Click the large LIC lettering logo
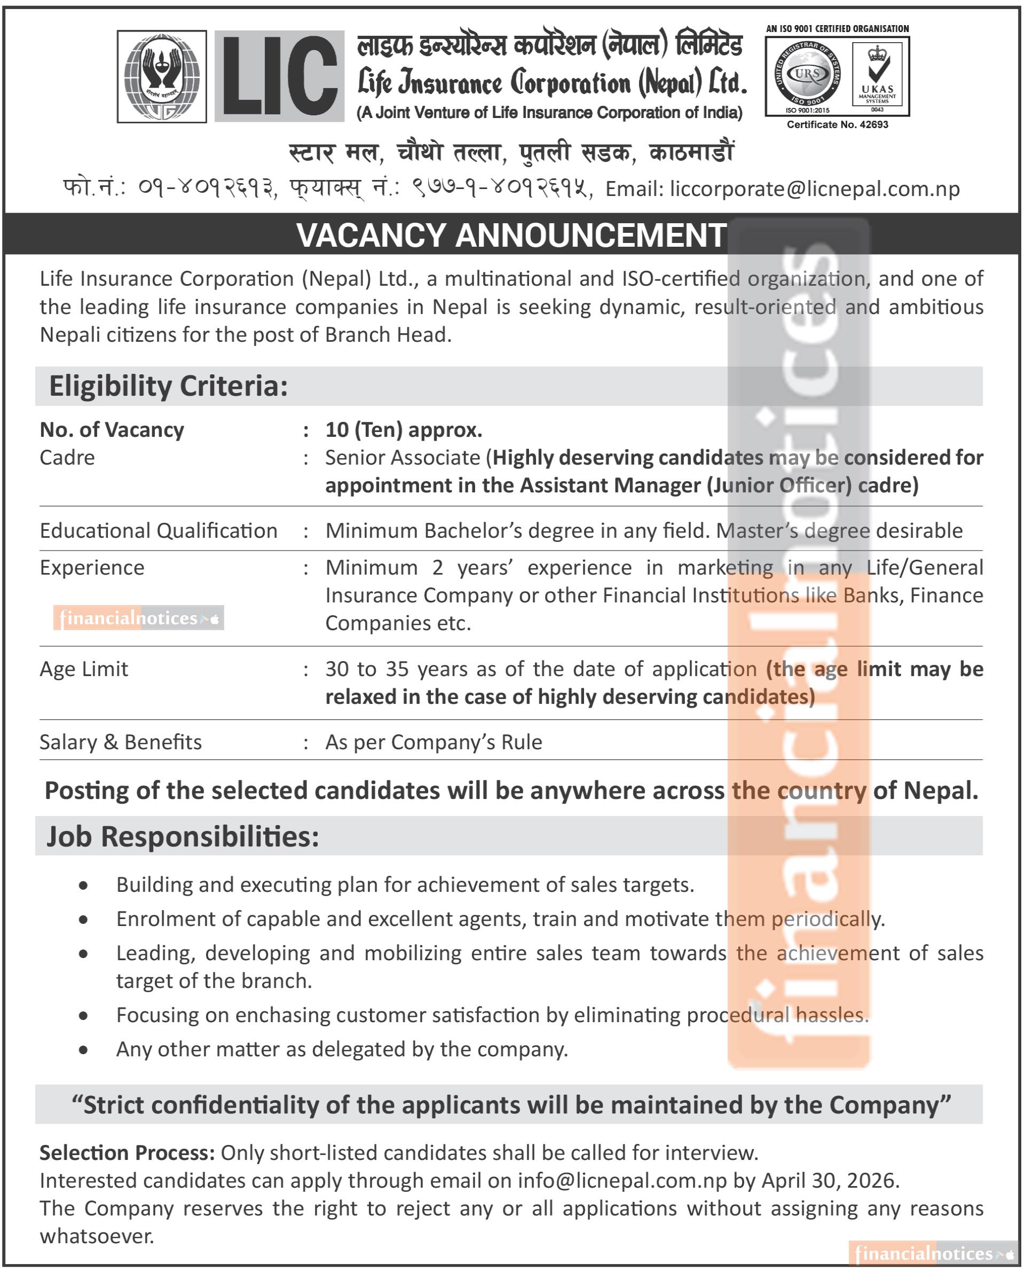(x=279, y=76)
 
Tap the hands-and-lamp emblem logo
(x=162, y=76)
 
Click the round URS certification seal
(x=807, y=76)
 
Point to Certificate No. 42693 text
(x=837, y=124)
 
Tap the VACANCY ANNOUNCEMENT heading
(x=511, y=235)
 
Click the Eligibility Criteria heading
(x=168, y=386)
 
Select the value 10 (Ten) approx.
(x=404, y=430)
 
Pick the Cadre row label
(x=67, y=458)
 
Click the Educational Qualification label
(x=158, y=530)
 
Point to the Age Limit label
(x=84, y=669)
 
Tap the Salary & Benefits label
(x=121, y=742)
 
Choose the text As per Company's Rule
(x=433, y=742)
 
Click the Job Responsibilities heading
(x=183, y=836)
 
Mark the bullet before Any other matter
(x=84, y=1049)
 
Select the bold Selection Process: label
(x=127, y=1152)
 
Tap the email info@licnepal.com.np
(x=622, y=1180)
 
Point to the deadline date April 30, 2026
(x=830, y=1180)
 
